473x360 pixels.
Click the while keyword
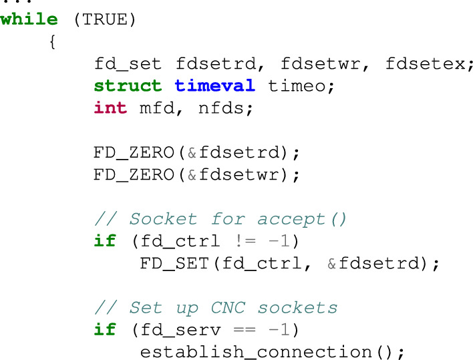click(x=29, y=19)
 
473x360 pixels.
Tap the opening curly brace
click(x=52, y=42)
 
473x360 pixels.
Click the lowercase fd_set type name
click(x=128, y=64)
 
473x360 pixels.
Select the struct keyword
click(x=128, y=86)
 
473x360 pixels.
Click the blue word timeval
click(x=214, y=86)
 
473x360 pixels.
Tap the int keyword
click(x=110, y=108)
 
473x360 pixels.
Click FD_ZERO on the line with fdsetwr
click(x=134, y=175)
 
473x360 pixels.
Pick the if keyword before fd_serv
click(x=105, y=330)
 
